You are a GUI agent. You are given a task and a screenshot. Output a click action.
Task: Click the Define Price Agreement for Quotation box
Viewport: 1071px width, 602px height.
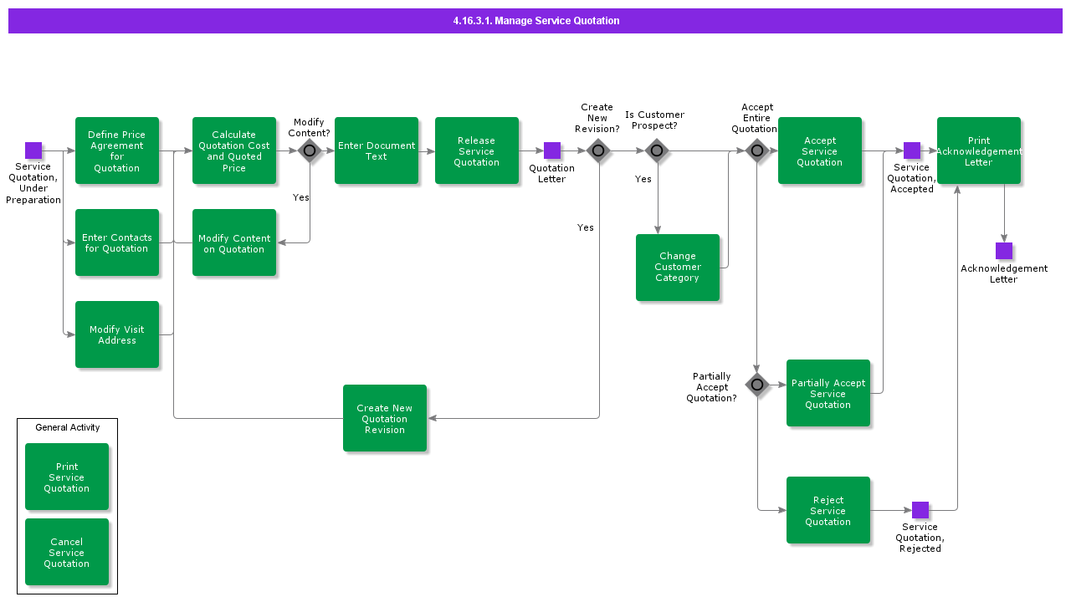point(117,150)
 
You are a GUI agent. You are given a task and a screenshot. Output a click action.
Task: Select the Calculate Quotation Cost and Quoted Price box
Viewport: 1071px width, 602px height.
point(234,150)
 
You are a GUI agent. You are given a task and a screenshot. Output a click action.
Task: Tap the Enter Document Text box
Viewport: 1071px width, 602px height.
point(377,150)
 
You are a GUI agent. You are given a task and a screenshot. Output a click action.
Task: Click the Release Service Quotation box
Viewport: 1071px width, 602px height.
point(477,150)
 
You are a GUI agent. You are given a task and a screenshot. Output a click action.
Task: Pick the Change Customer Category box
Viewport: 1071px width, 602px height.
point(678,268)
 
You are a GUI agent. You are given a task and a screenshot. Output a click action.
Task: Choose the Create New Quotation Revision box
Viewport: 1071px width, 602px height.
point(385,418)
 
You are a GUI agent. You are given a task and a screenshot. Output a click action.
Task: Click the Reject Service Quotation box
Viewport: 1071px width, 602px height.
point(828,510)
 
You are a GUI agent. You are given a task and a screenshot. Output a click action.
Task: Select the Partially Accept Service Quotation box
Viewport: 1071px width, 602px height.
point(828,393)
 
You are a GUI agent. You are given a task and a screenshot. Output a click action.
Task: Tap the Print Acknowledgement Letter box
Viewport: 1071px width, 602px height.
point(979,150)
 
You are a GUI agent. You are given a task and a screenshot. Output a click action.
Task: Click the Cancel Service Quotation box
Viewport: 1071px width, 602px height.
point(67,552)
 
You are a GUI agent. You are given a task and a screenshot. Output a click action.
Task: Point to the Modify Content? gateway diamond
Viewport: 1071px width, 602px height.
point(310,150)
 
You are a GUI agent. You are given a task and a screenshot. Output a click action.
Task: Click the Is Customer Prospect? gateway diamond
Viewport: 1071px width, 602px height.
point(657,150)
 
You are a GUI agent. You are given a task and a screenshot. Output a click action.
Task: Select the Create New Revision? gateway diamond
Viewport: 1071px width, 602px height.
point(598,150)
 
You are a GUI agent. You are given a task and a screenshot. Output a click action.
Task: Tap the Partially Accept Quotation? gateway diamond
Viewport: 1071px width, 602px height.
point(757,385)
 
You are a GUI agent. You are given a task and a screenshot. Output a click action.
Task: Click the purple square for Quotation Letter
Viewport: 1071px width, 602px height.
point(552,150)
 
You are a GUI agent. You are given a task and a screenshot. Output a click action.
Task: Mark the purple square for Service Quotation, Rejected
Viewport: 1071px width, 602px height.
point(920,510)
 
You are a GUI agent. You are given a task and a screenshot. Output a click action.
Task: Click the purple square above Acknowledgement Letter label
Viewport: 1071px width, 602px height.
point(1004,251)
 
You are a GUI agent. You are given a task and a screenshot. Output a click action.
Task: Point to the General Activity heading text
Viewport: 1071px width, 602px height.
point(67,427)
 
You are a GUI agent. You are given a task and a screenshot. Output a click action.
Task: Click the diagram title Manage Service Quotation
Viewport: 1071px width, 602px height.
point(535,21)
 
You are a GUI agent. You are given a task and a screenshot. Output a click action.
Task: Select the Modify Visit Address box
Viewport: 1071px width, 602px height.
point(117,334)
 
